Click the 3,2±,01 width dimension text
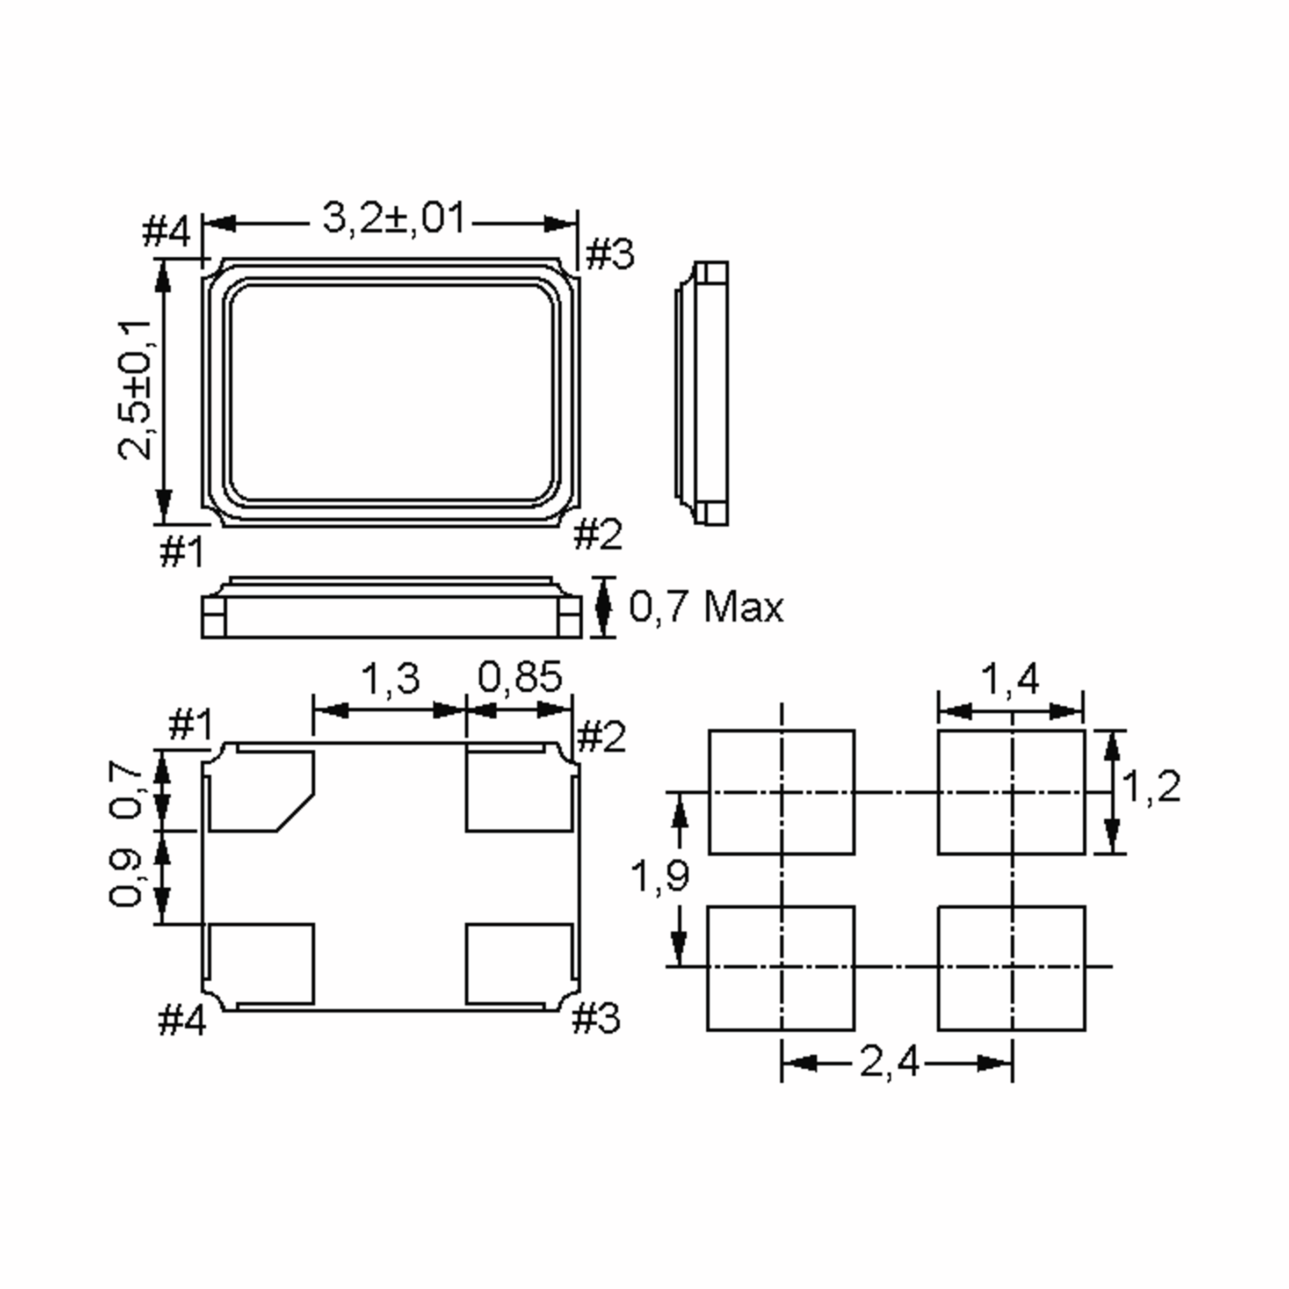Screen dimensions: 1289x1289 (394, 219)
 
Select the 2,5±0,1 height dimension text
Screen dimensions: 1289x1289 (135, 390)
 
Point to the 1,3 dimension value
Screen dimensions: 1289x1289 (390, 678)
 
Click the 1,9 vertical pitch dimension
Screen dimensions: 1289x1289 (660, 875)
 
